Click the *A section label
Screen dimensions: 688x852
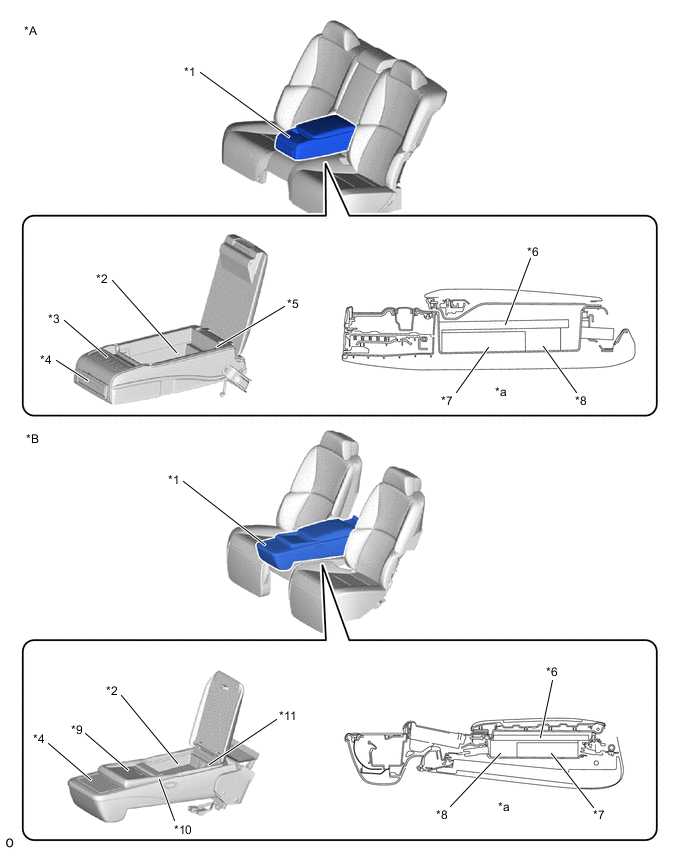pyautogui.click(x=30, y=31)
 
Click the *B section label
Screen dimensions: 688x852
pyautogui.click(x=33, y=438)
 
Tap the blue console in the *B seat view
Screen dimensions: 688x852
pyautogui.click(x=307, y=544)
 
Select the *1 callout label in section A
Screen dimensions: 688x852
pyautogui.click(x=190, y=71)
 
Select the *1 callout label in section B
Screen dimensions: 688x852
pyautogui.click(x=173, y=479)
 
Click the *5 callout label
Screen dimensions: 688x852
pyautogui.click(x=292, y=304)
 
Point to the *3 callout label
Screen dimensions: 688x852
pyautogui.click(x=54, y=318)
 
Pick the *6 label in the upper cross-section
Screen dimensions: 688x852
pyautogui.click(x=533, y=252)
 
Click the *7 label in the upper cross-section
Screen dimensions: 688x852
pyautogui.click(x=447, y=400)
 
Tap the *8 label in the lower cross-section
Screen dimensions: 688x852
pyautogui.click(x=442, y=814)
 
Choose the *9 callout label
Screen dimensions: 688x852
pyautogui.click(x=77, y=729)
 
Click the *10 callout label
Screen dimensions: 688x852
pyautogui.click(x=183, y=829)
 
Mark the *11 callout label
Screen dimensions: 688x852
pyautogui.click(x=287, y=716)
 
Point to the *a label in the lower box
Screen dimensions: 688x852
pyautogui.click(x=504, y=807)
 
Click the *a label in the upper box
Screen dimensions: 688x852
pyautogui.click(x=501, y=391)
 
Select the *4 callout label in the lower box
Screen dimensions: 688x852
pyautogui.click(x=39, y=738)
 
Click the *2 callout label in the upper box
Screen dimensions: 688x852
pyautogui.click(x=102, y=279)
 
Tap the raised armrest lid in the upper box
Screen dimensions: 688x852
pyautogui.click(x=235, y=288)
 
